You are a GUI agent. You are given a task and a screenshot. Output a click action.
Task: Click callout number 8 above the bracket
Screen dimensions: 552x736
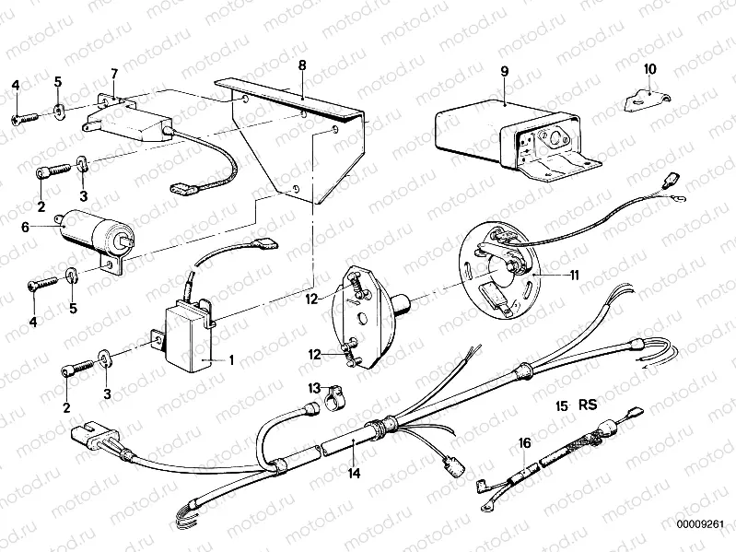click(x=301, y=66)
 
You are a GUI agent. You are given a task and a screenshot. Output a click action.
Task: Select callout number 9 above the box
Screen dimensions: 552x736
click(x=504, y=71)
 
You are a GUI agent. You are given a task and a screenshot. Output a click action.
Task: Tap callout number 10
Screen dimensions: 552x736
click(x=649, y=69)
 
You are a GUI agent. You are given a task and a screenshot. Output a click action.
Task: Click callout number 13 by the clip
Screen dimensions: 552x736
click(x=314, y=388)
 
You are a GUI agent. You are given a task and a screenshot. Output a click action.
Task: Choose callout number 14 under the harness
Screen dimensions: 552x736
click(x=354, y=473)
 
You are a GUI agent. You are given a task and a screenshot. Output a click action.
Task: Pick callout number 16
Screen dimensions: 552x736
click(x=524, y=443)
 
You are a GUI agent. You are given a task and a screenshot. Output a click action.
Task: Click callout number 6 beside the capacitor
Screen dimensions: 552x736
click(x=26, y=225)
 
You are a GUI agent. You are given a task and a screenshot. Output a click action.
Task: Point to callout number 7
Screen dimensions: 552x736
click(x=114, y=73)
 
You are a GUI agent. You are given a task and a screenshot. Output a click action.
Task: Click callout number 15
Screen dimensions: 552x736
click(x=561, y=405)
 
